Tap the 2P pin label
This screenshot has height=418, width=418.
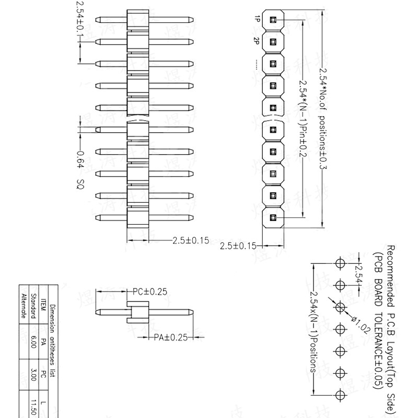[x=257, y=41]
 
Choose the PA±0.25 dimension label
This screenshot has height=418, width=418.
[x=170, y=338]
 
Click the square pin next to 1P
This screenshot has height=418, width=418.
[x=273, y=19]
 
